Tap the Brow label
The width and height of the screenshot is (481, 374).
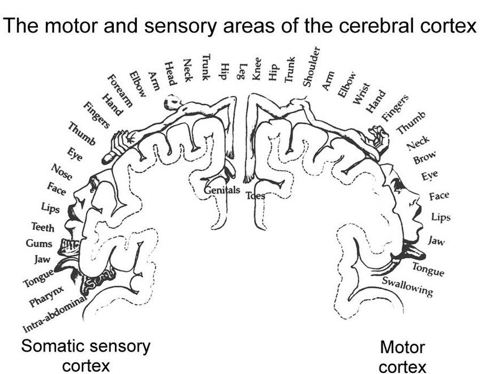coord(424,159)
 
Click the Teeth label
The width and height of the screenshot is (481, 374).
coord(43,228)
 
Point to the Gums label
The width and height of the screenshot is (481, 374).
coord(39,244)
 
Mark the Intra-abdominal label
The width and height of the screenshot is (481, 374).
coord(57,313)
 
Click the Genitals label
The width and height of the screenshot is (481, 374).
coord(222,191)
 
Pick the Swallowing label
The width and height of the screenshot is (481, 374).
coord(407,287)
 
